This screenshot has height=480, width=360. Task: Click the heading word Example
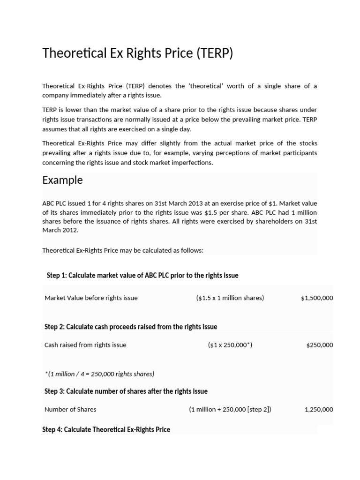coord(62,180)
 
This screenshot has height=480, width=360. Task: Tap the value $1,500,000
coord(317,298)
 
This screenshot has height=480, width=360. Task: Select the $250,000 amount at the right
coord(320,345)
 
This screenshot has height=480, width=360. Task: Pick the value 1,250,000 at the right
coord(319,409)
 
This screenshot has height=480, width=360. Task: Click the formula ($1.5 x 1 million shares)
coord(230,298)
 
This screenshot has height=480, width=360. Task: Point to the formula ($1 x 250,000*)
coord(230,345)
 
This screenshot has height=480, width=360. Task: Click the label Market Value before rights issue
coord(91,298)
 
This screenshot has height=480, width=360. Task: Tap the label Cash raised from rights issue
coord(85,345)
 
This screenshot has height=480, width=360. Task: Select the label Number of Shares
coord(70,409)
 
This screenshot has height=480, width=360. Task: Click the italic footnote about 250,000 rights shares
coord(99,374)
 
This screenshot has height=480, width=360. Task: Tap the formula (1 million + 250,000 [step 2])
coord(230,409)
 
